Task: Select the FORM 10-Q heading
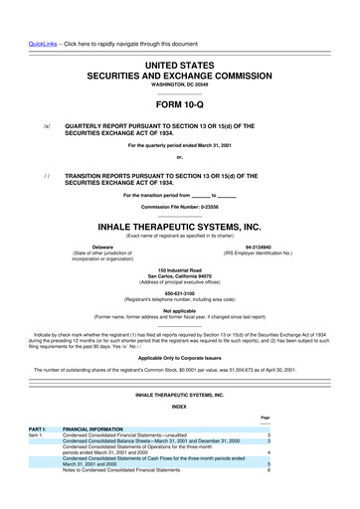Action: [179, 102]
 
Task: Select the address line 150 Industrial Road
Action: [179, 268]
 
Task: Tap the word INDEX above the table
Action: [179, 433]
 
